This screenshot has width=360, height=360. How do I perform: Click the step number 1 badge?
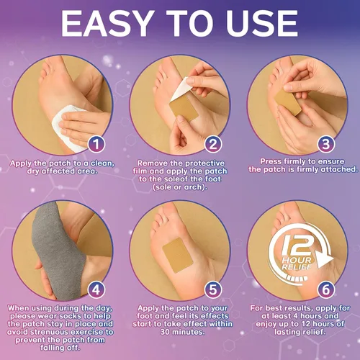click(x=96, y=144)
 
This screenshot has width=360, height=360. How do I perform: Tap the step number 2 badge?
click(x=213, y=144)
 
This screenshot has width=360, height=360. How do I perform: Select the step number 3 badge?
click(x=326, y=144)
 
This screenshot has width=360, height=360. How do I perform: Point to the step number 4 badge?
click(x=96, y=289)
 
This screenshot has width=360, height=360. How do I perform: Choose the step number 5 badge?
click(x=213, y=289)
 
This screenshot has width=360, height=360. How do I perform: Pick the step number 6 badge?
click(x=326, y=289)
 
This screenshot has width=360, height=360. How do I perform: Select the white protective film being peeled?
click(x=181, y=89)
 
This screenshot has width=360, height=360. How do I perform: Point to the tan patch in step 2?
click(x=184, y=109)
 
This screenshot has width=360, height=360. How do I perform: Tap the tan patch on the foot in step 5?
click(x=178, y=255)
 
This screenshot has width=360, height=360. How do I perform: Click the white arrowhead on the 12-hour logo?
click(x=325, y=259)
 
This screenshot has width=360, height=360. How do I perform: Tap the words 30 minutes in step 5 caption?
click(x=182, y=332)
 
